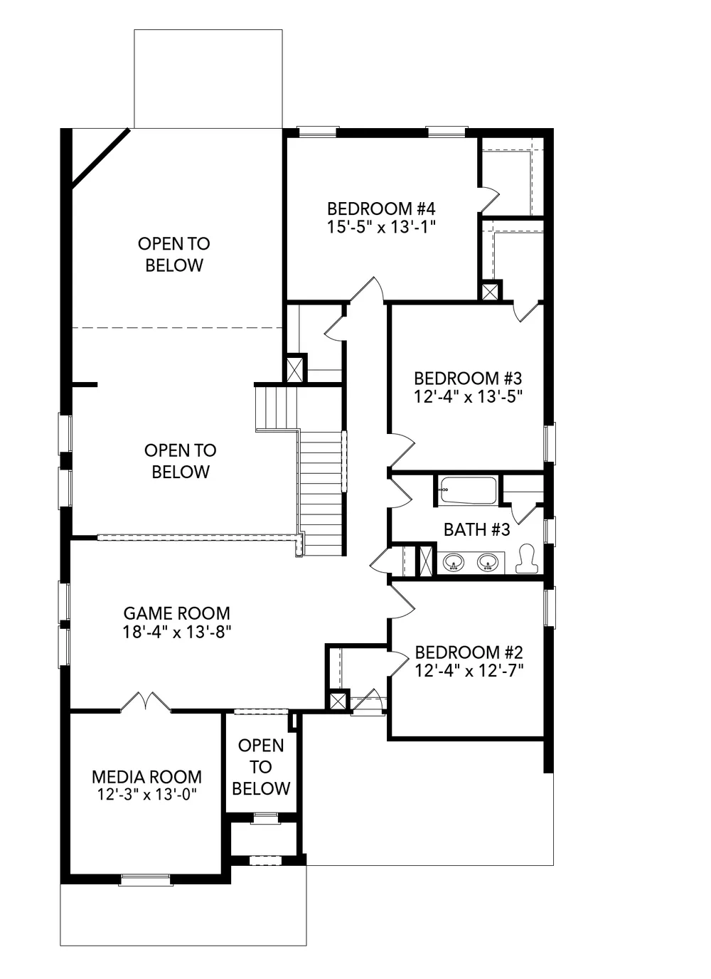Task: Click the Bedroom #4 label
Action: click(381, 208)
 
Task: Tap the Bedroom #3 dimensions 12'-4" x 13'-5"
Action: click(468, 397)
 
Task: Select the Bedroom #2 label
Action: click(469, 652)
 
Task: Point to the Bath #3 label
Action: click(476, 529)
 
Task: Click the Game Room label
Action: click(176, 613)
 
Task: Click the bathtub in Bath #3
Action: click(468, 490)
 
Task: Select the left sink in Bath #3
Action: click(454, 563)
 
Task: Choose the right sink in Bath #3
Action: click(487, 563)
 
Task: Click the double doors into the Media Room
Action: click(146, 702)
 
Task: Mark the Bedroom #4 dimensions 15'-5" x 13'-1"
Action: click(382, 227)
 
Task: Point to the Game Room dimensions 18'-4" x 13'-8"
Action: click(176, 632)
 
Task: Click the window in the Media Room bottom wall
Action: click(146, 879)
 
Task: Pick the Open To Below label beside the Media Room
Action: click(261, 766)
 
